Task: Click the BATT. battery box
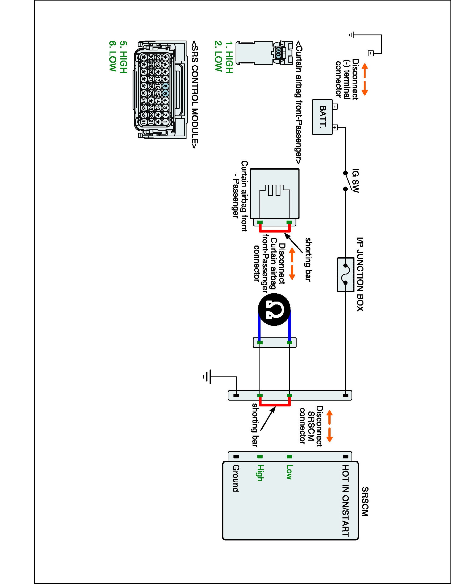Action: (x=322, y=117)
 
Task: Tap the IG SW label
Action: (x=355, y=180)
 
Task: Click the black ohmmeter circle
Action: (x=274, y=309)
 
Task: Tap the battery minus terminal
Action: (x=335, y=106)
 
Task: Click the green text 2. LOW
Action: (x=218, y=56)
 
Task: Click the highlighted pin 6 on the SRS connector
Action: (x=165, y=86)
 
